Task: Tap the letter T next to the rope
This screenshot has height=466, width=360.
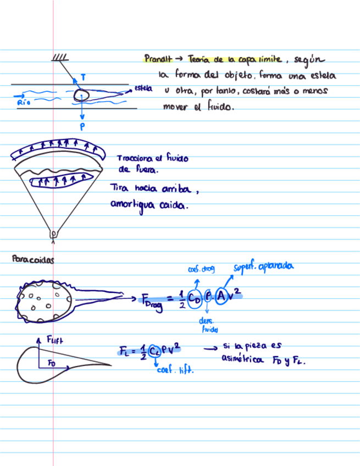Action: pos(82,77)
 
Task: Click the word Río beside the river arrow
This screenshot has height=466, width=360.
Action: pos(23,102)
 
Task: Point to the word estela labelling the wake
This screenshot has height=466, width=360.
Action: pos(143,88)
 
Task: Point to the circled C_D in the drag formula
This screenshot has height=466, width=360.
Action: pos(193,297)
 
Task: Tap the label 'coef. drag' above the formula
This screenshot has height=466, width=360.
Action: pos(201,269)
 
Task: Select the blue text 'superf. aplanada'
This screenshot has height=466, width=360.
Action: pos(263,267)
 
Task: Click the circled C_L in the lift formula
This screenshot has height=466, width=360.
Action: pos(154,352)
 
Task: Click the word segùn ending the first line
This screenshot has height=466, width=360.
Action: pos(309,59)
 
